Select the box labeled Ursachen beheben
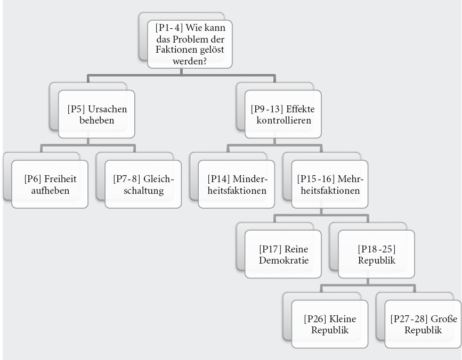tap(97, 116)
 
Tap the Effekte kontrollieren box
tap(282, 116)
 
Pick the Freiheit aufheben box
tap(50, 184)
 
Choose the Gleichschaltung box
tap(144, 184)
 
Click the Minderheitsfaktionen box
tap(237, 184)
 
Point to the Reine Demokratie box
tap(283, 254)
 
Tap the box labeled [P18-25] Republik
tap(376, 254)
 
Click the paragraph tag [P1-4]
tap(167, 27)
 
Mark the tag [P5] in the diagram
tap(76, 109)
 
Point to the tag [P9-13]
tap(263, 109)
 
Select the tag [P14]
tap(217, 177)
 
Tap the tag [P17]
tap(270, 248)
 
